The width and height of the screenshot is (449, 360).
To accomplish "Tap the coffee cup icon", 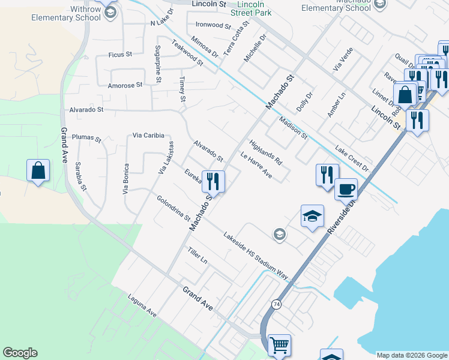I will tap(346, 190).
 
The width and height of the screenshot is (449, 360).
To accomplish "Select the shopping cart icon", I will tap(279, 345).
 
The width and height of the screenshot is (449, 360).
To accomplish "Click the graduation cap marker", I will tap(312, 216).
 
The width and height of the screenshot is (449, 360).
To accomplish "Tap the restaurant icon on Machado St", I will tap(213, 180).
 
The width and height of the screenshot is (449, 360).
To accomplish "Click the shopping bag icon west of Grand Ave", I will tap(38, 170).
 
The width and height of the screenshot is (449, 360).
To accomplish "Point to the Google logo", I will tap(20, 353).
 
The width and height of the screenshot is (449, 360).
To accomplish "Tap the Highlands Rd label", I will tap(265, 152).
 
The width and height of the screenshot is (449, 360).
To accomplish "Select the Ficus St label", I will tap(120, 55).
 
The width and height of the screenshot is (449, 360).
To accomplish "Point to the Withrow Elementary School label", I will tap(67, 13).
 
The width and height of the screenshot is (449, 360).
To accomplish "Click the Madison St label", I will tap(294, 128).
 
